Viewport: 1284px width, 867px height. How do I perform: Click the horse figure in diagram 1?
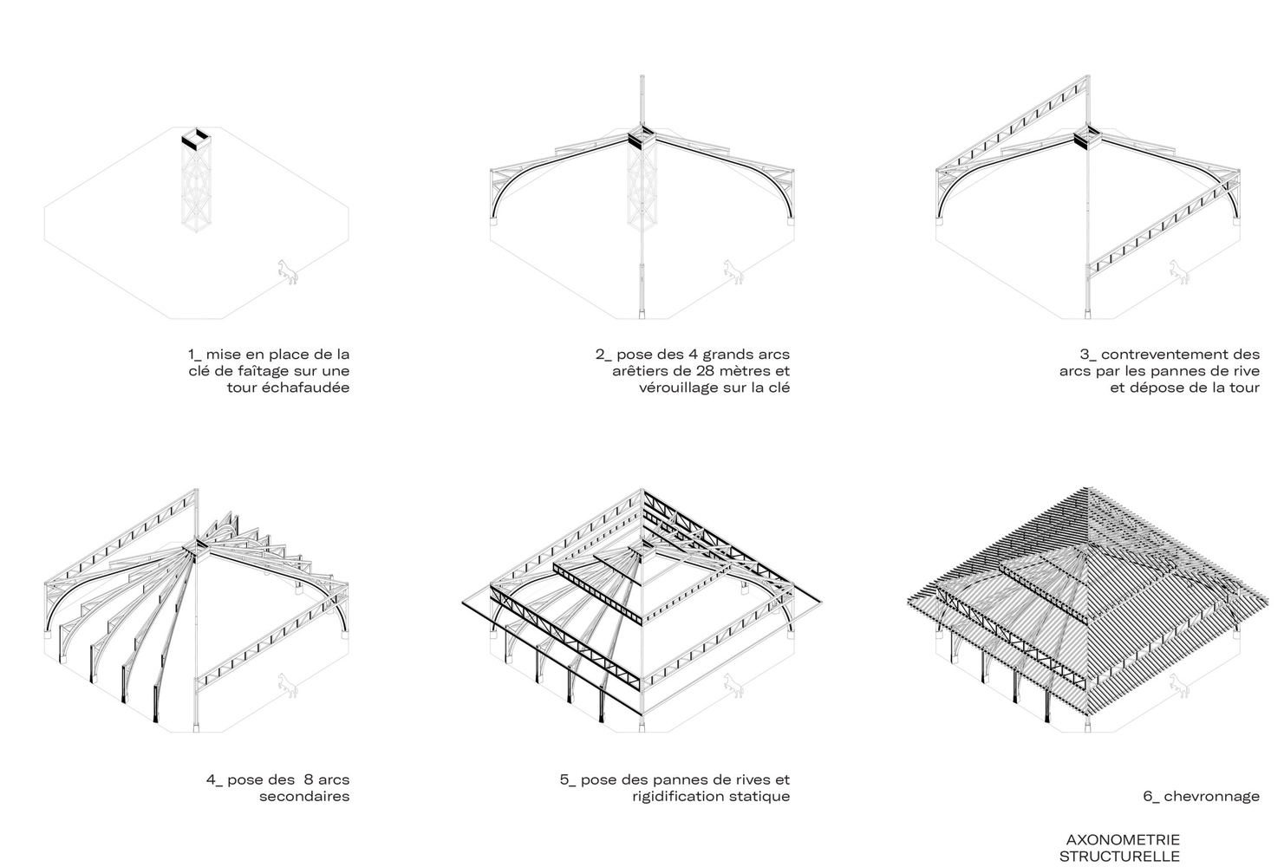pos(288,271)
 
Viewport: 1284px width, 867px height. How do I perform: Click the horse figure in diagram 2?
pos(733,271)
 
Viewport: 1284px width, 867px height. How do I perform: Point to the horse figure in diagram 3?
pos(1178,271)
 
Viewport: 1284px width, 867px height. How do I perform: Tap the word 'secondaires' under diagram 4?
pos(304,796)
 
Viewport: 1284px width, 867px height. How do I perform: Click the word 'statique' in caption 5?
pos(762,796)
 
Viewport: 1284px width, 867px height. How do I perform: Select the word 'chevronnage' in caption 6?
pos(1211,796)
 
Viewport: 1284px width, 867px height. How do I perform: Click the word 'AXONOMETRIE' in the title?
pos(1122,839)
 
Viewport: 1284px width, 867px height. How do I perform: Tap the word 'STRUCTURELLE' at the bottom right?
pos(1119,856)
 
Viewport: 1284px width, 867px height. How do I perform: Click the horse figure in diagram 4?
pos(288,684)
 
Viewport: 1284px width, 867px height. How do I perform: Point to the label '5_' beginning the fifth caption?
pos(568,779)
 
